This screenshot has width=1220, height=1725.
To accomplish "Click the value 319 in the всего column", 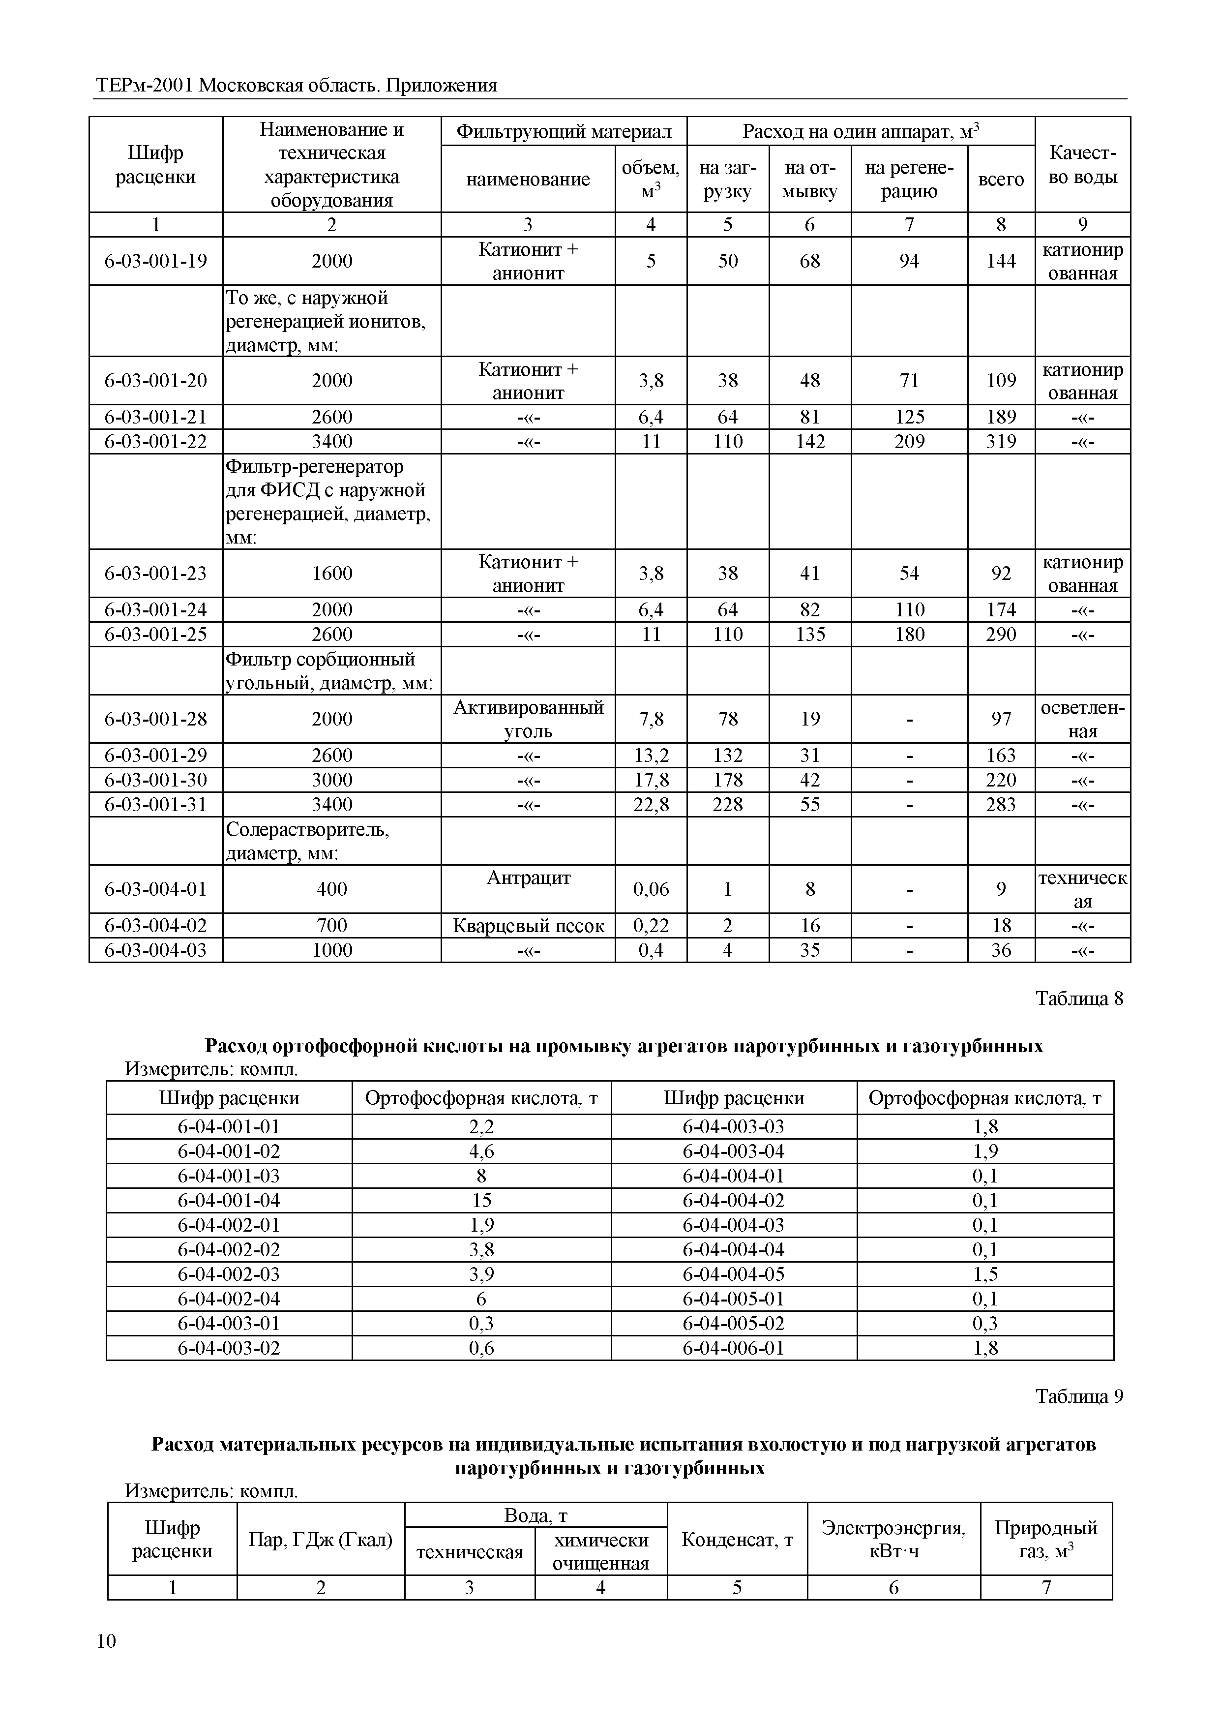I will coord(1001,441).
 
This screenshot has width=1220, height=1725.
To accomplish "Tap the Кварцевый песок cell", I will coord(528,926).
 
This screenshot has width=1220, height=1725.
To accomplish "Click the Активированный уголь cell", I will coord(528,719).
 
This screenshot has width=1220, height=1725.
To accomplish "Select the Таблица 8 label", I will coord(1079,999).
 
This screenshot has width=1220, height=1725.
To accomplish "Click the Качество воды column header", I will coord(1082,165).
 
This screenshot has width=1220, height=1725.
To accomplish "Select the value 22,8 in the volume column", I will coord(651,805).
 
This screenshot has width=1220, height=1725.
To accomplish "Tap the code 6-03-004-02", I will coord(155,926).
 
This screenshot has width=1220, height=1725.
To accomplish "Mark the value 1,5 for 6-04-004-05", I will coord(985,1274).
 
